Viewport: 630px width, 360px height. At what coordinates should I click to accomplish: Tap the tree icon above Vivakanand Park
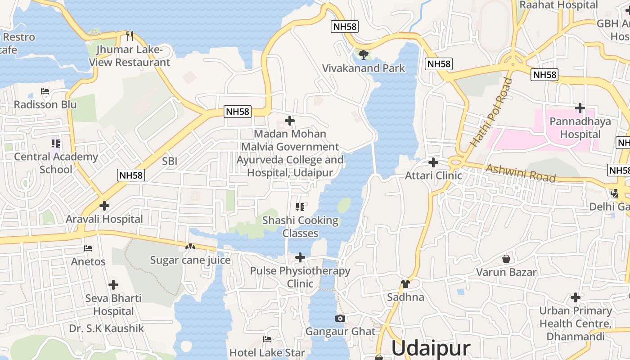coord(364,55)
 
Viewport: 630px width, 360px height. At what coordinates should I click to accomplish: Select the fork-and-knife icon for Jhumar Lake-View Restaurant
coord(130,36)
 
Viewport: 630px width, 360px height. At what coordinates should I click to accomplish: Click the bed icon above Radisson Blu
coord(45,91)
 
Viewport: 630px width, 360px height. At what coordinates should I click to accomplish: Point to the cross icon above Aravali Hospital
coord(104,206)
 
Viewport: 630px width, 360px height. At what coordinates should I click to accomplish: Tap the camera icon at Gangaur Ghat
coord(340,319)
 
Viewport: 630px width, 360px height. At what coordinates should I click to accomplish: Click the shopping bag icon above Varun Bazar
coord(506,259)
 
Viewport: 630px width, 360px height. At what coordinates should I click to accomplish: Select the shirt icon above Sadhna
coord(405,283)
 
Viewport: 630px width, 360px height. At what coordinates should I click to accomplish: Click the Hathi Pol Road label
coord(491,112)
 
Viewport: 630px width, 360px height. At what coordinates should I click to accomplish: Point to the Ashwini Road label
coord(521,173)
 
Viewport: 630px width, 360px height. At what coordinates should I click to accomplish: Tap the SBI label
coord(170,161)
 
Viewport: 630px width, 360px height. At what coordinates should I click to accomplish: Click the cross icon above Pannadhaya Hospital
coord(580,108)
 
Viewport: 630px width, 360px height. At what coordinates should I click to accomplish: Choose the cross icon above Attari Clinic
coord(433,162)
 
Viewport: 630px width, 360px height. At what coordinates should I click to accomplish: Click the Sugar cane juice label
coord(190,260)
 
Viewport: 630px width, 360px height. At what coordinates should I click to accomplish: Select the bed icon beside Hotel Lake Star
coord(267,339)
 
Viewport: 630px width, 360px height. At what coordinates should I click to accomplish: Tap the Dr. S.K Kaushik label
coord(107,328)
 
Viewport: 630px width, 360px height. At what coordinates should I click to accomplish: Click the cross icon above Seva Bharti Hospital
coord(113,285)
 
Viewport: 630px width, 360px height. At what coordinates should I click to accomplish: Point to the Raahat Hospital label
coord(558,5)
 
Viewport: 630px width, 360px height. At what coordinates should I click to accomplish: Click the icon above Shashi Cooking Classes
coord(300,207)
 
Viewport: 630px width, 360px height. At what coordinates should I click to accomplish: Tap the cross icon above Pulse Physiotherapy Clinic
coord(300,257)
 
